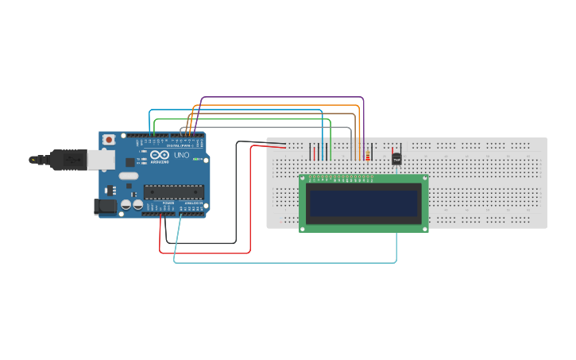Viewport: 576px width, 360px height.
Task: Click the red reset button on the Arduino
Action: coord(108,140)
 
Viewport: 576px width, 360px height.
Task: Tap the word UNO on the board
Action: coord(181,155)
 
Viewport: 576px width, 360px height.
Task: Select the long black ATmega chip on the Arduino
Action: coord(173,192)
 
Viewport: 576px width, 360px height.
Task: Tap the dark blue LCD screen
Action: coord(363,203)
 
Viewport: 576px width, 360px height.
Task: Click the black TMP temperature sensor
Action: coord(396,159)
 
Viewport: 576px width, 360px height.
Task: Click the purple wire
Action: coord(282,98)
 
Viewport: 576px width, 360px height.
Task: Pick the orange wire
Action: coord(278,105)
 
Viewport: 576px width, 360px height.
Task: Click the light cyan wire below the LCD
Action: coord(286,262)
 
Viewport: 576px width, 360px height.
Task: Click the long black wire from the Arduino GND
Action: coord(203,242)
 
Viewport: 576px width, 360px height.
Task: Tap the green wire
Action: coord(238,119)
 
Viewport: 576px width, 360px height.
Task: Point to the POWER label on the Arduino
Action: coord(168,203)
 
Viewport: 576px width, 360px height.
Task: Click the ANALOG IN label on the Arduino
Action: coord(192,203)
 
